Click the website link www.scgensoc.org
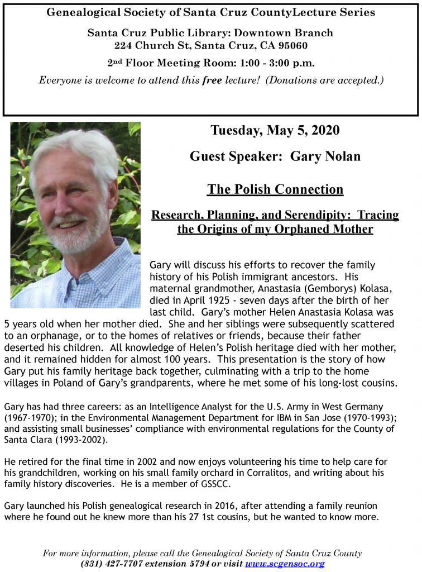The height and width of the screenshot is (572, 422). pos(285,564)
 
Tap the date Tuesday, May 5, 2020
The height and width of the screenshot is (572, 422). pos(275,131)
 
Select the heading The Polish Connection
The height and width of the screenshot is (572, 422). pos(275,189)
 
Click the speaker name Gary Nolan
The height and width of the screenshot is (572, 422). pos(325,156)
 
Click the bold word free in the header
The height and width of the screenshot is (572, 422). pos(212,80)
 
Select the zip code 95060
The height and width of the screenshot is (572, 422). pos(290,46)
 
